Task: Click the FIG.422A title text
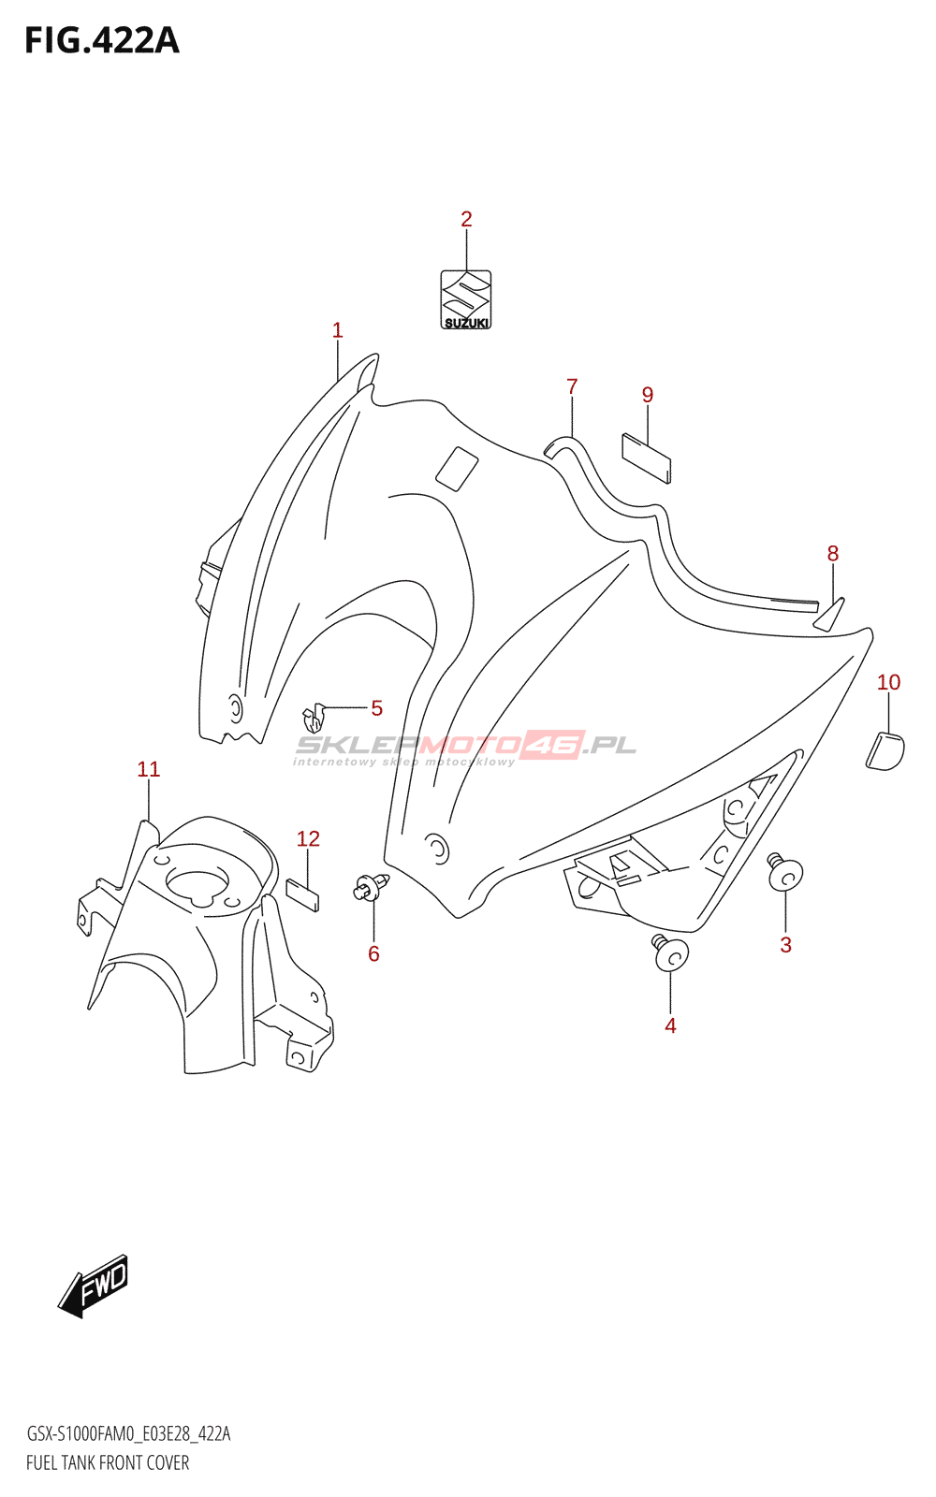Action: pos(101,41)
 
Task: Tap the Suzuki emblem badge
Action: pos(466,299)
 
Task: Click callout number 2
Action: pos(466,219)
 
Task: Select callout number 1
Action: pos(337,330)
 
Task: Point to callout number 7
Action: pos(572,386)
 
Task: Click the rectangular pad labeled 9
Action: pos(647,457)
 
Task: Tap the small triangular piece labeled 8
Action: pos(830,616)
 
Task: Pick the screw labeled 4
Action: pos(670,953)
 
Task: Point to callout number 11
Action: pos(149,769)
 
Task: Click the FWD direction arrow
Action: pos(94,1286)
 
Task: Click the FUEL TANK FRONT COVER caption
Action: pos(108,1462)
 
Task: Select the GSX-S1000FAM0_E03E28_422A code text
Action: pos(128,1433)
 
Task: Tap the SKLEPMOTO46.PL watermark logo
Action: pos(465,747)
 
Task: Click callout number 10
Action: pos(888,682)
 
